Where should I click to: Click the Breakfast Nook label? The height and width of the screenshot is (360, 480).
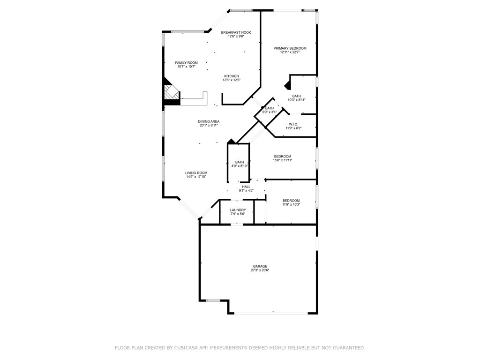point(236,32)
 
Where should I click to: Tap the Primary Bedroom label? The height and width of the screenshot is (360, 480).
point(290,48)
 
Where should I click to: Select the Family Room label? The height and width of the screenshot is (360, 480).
point(187,63)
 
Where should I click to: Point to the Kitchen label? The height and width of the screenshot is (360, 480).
point(232,76)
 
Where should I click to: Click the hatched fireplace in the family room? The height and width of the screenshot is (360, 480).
point(172,92)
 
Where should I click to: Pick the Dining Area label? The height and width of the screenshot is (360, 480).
point(209,121)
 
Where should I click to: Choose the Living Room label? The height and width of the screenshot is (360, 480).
point(196,173)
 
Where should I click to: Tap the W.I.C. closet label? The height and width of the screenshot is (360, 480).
point(293,124)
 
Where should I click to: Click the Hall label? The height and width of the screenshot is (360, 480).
point(246,187)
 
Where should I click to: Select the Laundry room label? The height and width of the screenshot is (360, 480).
point(238,210)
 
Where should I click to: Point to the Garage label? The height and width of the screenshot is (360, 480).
point(260,266)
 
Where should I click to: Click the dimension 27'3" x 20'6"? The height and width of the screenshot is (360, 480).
point(260,270)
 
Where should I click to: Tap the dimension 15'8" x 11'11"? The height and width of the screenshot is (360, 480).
point(283,160)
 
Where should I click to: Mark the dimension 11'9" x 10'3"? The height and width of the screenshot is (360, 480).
point(291,204)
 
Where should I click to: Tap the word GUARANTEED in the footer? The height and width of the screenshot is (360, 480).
point(349,348)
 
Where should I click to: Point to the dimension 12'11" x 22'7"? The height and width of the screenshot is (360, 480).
point(290,52)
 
